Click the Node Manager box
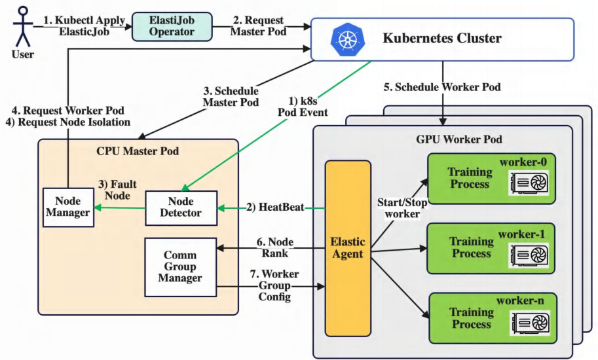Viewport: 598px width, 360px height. pos(68,207)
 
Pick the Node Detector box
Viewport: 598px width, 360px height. pos(181,206)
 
